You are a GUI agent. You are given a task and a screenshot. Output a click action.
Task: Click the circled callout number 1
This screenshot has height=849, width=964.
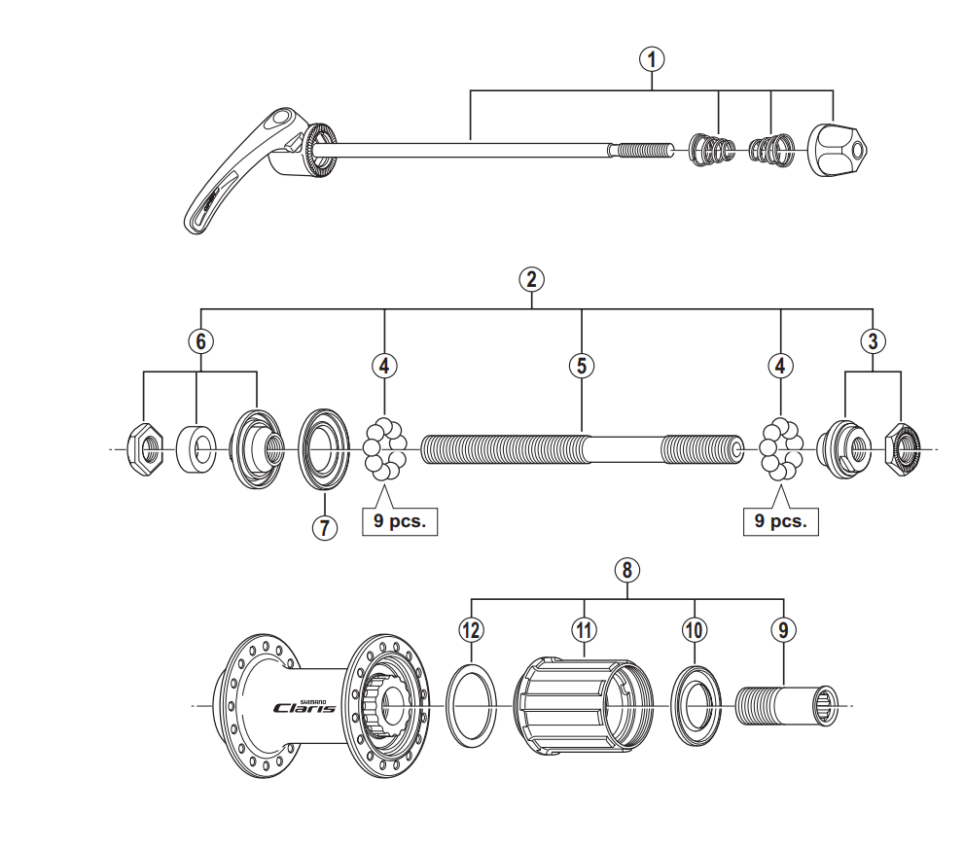click(x=652, y=59)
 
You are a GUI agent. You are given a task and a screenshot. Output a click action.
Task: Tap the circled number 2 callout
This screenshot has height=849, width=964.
click(x=532, y=279)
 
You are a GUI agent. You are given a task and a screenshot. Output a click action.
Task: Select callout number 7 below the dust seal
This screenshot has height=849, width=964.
click(x=325, y=527)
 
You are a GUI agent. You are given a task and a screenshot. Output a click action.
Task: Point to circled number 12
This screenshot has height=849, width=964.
click(x=472, y=630)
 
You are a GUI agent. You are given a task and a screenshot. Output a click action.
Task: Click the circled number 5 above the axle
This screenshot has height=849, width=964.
click(x=582, y=366)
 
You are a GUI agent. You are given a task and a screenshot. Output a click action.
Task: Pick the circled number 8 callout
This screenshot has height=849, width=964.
click(x=627, y=570)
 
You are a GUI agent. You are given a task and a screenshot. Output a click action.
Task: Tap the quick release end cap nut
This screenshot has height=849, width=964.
click(x=838, y=150)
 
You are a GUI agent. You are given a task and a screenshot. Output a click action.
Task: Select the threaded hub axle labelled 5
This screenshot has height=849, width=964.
click(x=582, y=449)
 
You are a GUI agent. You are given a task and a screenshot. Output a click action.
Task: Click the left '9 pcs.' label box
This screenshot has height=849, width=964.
click(x=400, y=521)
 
